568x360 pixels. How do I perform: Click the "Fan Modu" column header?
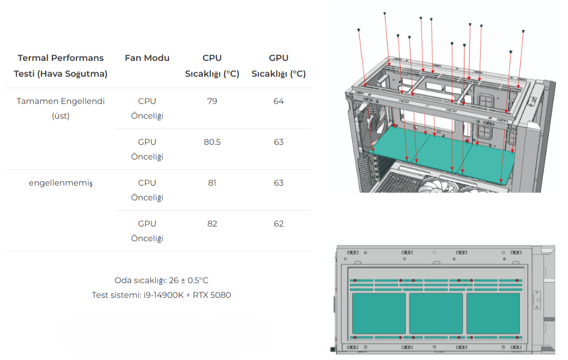(x=147, y=58)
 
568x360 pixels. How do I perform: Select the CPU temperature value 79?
(x=212, y=101)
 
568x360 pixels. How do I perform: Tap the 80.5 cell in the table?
(x=212, y=142)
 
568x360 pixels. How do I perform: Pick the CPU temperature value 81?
(x=212, y=182)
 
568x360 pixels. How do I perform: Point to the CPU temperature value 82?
(x=212, y=224)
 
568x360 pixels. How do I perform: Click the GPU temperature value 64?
(x=279, y=101)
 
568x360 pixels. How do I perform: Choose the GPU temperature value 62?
(x=279, y=224)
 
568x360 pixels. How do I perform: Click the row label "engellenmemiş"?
(x=61, y=183)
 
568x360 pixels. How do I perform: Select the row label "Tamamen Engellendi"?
(x=61, y=101)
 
